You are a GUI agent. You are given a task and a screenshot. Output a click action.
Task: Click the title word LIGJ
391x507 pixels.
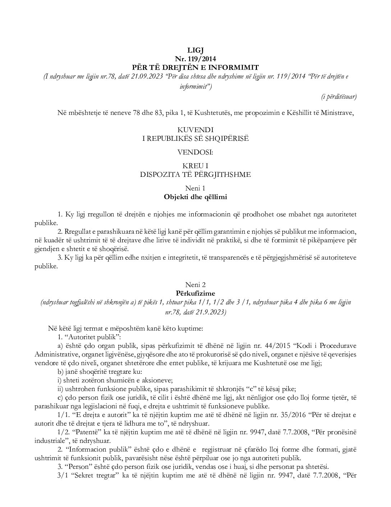[195, 50]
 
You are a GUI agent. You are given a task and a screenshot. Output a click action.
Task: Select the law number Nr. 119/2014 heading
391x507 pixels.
[195, 58]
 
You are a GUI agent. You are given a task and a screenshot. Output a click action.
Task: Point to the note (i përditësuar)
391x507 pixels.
[339, 96]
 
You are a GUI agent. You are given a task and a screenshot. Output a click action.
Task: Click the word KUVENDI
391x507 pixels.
[195, 130]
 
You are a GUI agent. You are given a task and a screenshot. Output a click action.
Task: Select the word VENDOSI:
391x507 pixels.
[195, 152]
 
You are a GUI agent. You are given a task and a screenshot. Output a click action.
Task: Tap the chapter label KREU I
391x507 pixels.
[195, 166]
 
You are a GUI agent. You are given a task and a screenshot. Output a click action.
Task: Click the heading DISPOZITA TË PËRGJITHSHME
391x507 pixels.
[195, 174]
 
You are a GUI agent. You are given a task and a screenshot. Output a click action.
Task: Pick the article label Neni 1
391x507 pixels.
[195, 188]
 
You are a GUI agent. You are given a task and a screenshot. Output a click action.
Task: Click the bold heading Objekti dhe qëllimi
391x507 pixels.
[195, 197]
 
